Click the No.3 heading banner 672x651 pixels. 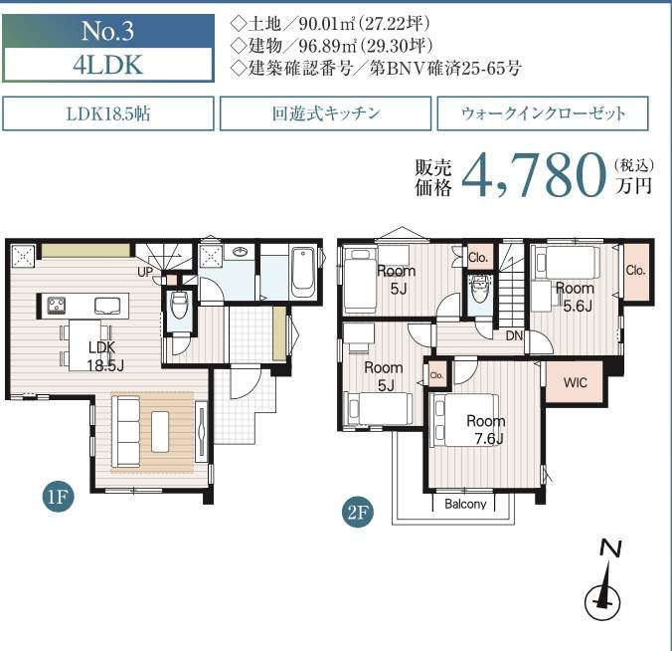108,31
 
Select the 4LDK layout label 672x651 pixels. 108,65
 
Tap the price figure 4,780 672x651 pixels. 534,176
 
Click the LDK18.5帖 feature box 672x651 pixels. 108,113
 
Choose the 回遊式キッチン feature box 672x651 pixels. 325,113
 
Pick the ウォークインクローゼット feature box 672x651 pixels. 543,113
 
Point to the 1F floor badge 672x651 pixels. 58,497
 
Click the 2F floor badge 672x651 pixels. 358,512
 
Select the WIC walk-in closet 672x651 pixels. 575,382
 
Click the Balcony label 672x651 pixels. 465,504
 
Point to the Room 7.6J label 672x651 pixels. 486,430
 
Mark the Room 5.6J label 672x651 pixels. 576,297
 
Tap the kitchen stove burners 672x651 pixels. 56,306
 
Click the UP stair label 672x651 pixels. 145,272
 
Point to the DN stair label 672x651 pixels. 514,335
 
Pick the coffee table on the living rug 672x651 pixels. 160,431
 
